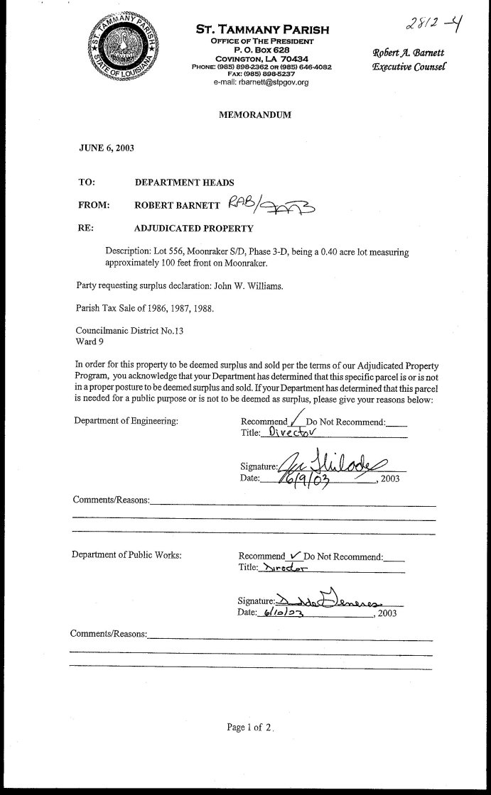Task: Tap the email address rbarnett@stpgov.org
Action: (261, 82)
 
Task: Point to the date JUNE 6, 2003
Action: (106, 148)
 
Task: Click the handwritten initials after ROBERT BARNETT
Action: (273, 205)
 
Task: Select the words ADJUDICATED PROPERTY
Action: (194, 229)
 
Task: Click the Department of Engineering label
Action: (126, 421)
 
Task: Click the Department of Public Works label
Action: (126, 555)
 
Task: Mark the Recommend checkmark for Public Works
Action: (296, 554)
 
